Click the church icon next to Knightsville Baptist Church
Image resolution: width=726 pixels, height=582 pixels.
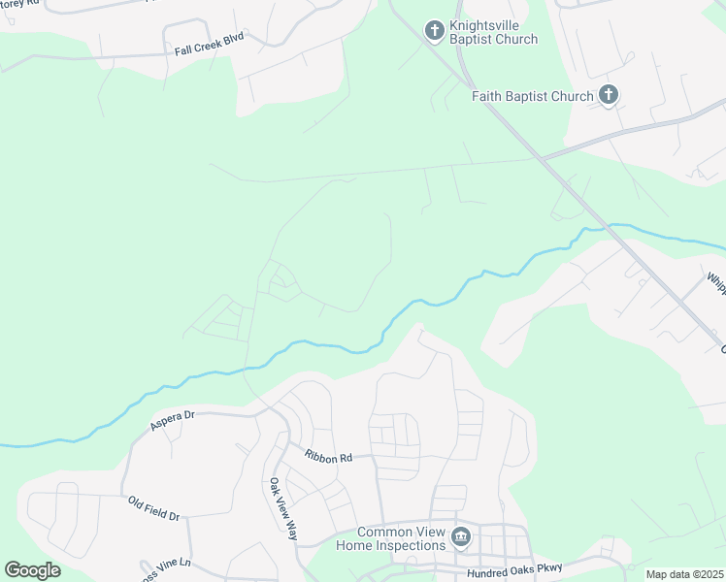(x=434, y=31)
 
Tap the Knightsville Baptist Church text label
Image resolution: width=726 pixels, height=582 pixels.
(x=493, y=32)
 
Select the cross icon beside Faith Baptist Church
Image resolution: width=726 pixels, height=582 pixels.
(x=608, y=94)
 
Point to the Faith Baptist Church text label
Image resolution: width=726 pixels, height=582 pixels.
(x=532, y=96)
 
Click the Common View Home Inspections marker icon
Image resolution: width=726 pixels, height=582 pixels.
(x=461, y=536)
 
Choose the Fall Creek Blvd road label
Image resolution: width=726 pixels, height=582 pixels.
(x=209, y=43)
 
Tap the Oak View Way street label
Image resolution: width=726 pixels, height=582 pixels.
(x=283, y=508)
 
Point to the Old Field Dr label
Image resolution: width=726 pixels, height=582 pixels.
(x=154, y=508)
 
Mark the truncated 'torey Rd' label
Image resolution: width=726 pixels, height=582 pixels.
(x=18, y=5)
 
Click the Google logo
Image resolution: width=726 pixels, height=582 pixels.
(x=32, y=569)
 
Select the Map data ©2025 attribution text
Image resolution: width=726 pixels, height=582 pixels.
(x=684, y=574)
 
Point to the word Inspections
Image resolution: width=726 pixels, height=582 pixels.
(x=412, y=545)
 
